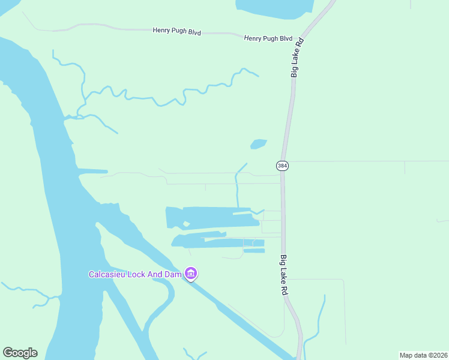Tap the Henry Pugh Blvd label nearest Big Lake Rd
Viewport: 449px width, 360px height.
(268, 38)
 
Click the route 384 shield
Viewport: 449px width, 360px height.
(283, 165)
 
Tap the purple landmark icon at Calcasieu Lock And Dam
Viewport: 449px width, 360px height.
(191, 274)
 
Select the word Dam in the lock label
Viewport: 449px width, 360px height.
(174, 274)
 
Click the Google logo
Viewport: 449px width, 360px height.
(20, 353)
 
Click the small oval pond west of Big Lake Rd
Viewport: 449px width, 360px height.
(258, 144)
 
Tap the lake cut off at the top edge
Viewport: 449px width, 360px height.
(275, 5)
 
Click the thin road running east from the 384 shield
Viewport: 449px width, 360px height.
(360, 161)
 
